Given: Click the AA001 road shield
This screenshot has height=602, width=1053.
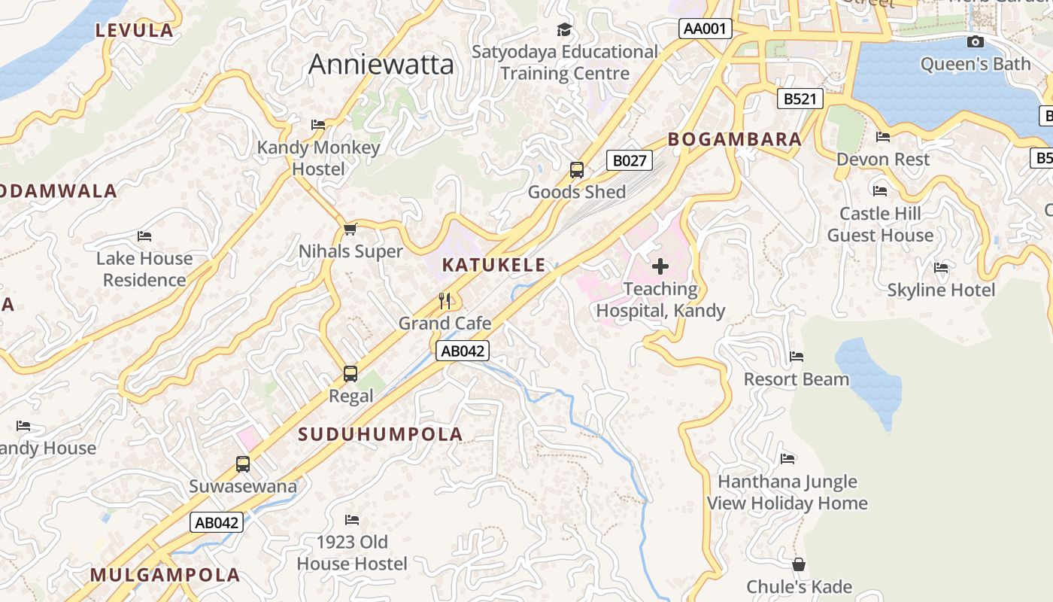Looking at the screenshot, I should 705,29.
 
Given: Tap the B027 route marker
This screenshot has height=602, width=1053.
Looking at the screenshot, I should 629,160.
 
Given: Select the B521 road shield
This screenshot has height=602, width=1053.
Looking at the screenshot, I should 799,99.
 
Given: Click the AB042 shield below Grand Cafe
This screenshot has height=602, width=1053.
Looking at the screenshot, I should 463,351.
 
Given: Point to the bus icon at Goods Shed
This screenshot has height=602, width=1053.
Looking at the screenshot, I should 577,170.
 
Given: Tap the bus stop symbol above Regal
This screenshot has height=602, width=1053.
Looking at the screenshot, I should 350,373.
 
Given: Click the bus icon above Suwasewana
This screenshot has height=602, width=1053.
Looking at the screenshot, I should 243,464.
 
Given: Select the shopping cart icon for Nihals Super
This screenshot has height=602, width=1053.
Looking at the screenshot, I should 350,229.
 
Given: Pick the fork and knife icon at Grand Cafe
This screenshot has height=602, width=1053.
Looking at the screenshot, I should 445,301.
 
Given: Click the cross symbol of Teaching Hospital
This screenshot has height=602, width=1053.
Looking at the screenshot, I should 660,266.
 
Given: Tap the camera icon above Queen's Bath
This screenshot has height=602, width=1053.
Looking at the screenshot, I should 975,42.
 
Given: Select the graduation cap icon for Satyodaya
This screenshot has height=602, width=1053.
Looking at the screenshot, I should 564,30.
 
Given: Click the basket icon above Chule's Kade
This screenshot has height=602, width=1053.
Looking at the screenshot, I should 799,564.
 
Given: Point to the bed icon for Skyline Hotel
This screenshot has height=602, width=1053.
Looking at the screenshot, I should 940,268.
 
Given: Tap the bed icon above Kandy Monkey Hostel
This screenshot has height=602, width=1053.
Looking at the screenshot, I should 318,125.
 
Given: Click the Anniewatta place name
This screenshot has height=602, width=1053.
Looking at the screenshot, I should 381,65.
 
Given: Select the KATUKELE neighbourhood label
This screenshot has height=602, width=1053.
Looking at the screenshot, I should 493,265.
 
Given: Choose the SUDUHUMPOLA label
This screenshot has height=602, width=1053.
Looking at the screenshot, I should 380,434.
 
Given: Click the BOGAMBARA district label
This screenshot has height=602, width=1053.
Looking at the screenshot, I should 735,139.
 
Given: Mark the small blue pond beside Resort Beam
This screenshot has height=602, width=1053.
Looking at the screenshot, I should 871,376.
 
